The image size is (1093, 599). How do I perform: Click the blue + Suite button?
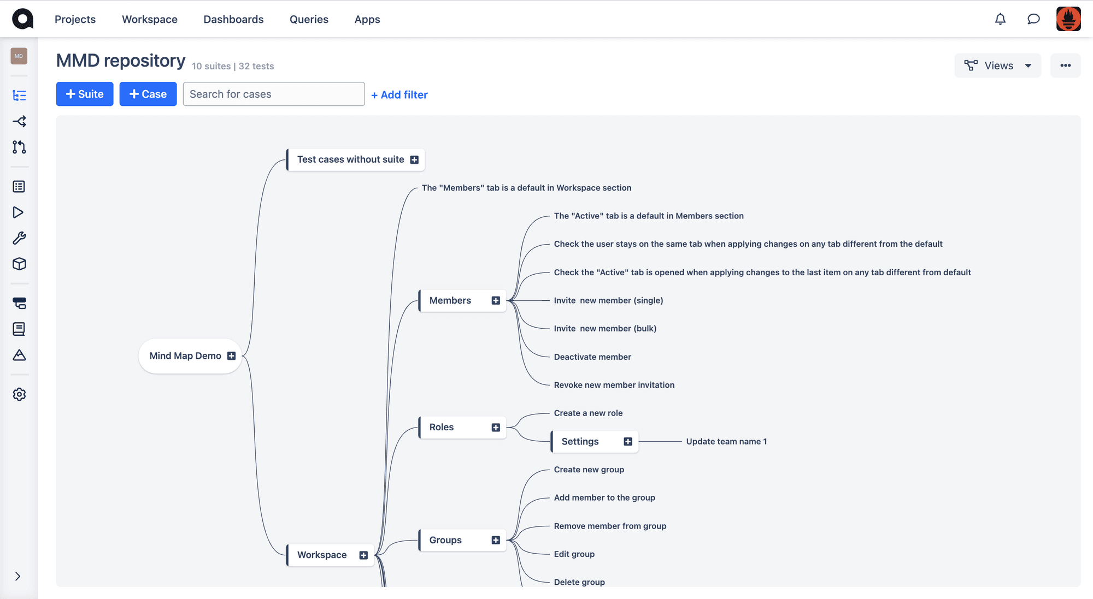pos(85,94)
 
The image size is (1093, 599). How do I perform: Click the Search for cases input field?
pos(274,94)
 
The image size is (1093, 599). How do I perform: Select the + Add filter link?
pos(399,94)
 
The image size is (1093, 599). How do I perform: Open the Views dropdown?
pos(998,66)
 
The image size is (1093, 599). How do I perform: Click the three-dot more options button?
pos(1066,66)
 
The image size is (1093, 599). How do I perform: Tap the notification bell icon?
pos(1000,19)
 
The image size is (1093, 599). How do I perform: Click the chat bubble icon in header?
pos(1033,19)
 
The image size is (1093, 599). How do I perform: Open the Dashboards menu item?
pos(233,19)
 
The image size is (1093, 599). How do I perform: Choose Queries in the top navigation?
pos(309,19)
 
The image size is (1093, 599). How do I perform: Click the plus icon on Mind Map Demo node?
pos(231,356)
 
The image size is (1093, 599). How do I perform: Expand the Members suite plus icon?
pos(496,301)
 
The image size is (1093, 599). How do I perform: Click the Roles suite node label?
pos(442,427)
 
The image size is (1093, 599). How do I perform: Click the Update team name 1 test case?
pos(726,441)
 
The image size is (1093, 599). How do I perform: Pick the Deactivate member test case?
pos(592,357)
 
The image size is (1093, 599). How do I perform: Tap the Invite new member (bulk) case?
pos(605,328)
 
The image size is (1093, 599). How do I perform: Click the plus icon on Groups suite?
pos(496,540)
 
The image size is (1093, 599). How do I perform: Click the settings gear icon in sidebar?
pos(19,394)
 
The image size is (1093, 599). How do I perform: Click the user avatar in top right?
pos(1068,19)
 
